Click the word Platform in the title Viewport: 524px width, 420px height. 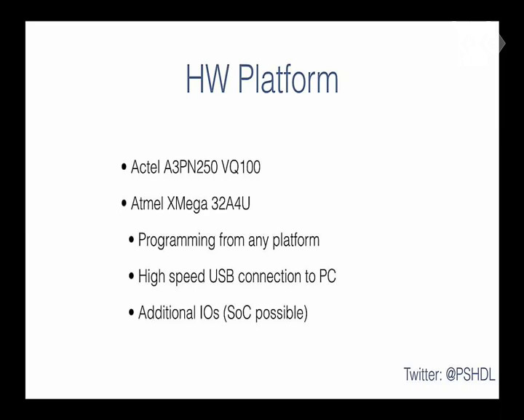coord(288,79)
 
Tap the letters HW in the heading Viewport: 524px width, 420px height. coord(207,79)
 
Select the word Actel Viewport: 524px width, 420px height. coord(146,167)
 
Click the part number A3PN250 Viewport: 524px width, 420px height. coord(191,167)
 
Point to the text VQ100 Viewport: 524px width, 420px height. coord(241,167)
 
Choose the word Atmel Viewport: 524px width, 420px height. coord(147,203)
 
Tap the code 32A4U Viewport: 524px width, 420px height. coord(231,203)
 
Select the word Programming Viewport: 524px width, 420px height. coord(177,241)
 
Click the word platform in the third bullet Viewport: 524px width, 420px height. coord(296,241)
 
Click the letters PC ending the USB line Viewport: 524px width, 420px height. coord(327,276)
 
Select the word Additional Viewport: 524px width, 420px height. coord(167,313)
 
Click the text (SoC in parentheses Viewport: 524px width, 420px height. coord(237,313)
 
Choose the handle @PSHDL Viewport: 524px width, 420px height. coord(470,375)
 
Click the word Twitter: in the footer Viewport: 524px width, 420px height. coord(423,374)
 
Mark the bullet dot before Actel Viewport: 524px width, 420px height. coord(124,166)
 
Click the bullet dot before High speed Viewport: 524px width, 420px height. coord(131,276)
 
